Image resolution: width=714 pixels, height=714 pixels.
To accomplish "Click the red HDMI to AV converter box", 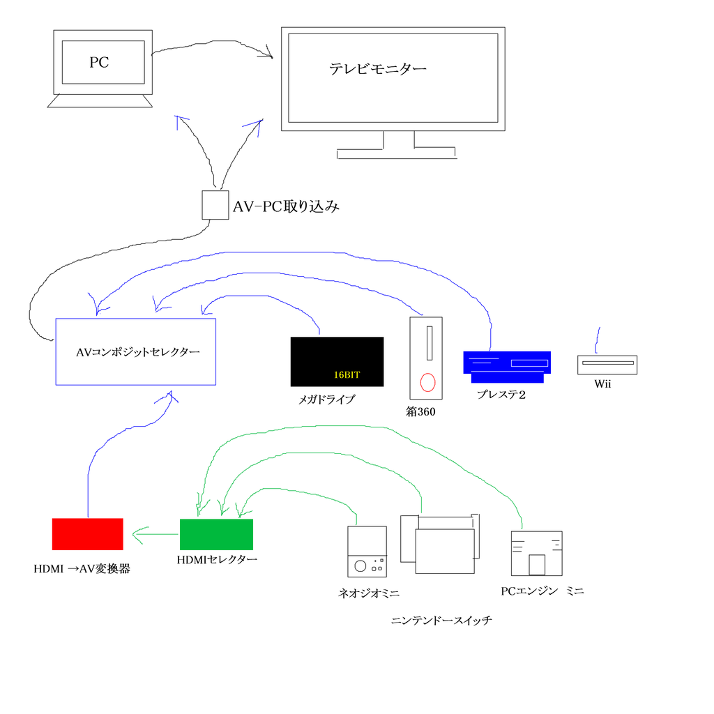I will pyautogui.click(x=88, y=533).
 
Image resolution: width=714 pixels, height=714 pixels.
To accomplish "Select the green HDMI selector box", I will pyautogui.click(x=216, y=535).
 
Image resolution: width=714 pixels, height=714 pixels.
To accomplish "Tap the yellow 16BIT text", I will pyautogui.click(x=347, y=374).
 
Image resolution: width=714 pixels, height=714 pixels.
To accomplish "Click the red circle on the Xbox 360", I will pyautogui.click(x=427, y=382).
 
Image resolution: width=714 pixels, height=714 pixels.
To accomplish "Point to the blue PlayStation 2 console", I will pyautogui.click(x=507, y=366).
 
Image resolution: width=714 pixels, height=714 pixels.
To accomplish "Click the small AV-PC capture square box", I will pyautogui.click(x=215, y=205).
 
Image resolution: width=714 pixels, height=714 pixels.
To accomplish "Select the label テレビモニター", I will pyautogui.click(x=377, y=69).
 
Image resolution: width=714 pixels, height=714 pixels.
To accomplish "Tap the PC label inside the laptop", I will pyautogui.click(x=99, y=63).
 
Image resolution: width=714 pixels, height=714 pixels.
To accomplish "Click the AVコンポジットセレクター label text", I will pyautogui.click(x=138, y=352).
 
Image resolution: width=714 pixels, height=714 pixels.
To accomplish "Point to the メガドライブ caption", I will pyautogui.click(x=326, y=400).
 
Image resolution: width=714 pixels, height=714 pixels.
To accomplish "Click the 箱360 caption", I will pyautogui.click(x=420, y=411).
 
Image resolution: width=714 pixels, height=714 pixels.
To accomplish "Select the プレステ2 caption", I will pyautogui.click(x=501, y=394).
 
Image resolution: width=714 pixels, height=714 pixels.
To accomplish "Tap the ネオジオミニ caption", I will pyautogui.click(x=368, y=593).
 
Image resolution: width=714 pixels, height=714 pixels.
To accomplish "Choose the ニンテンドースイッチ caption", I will pyautogui.click(x=441, y=620).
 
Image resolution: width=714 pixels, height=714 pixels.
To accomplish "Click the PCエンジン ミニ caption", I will pyautogui.click(x=542, y=591).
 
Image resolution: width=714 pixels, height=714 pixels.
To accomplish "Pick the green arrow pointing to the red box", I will pyautogui.click(x=153, y=535).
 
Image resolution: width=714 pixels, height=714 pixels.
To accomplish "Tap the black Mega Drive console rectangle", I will pyautogui.click(x=337, y=361).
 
